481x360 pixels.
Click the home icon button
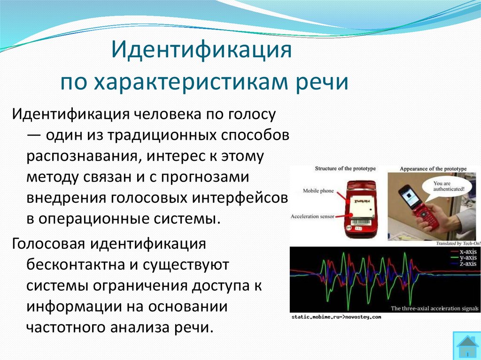tap(466, 346)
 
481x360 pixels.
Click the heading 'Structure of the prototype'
tap(345, 169)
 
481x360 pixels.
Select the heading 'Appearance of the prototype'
tap(433, 169)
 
